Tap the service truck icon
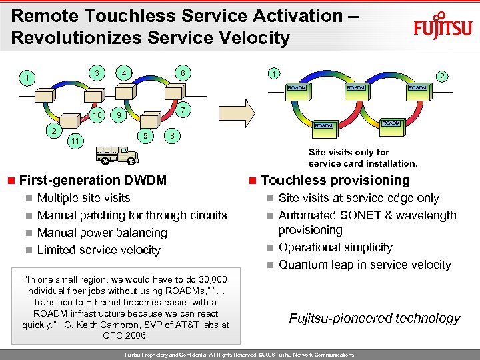(115, 154)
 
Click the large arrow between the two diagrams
(245, 111)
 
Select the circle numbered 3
(97, 73)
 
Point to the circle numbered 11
(76, 141)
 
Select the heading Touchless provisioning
(335, 180)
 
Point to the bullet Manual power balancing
(102, 233)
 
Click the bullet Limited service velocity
(99, 250)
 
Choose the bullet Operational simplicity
(335, 247)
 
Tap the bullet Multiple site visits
(84, 198)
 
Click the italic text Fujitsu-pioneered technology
(374, 318)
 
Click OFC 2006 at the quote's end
(126, 335)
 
